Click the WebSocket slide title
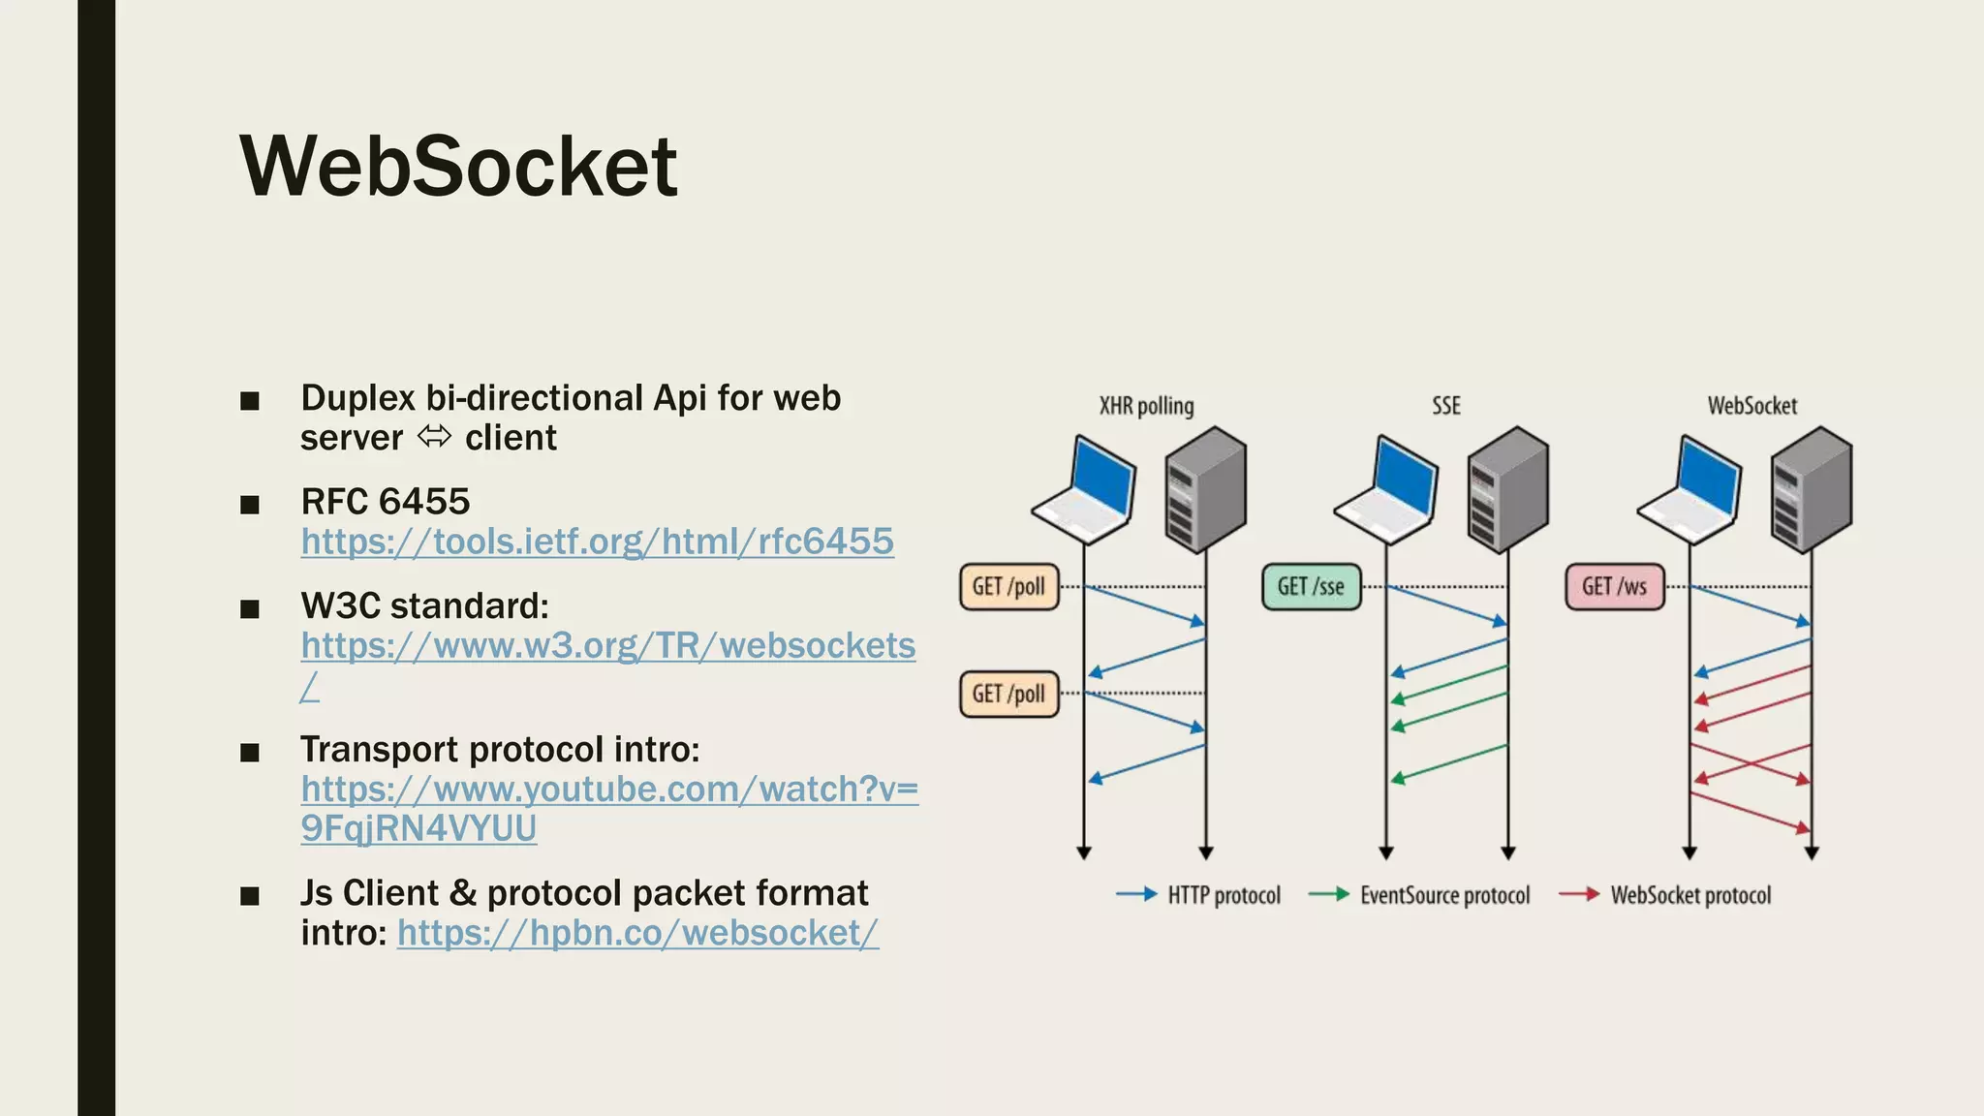[x=458, y=166]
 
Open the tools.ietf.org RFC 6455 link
[x=597, y=542]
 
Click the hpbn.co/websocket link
[x=637, y=933]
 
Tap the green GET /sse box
[x=1311, y=587]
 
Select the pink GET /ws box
[x=1614, y=587]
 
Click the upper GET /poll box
[x=1008, y=587]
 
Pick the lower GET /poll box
[x=1008, y=694]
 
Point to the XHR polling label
[x=1146, y=406]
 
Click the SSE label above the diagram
[x=1445, y=406]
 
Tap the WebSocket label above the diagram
[x=1751, y=406]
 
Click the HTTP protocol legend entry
[x=1223, y=895]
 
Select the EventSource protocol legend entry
[x=1443, y=895]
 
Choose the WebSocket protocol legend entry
[x=1689, y=895]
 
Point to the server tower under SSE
[x=1507, y=489]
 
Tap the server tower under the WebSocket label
[x=1811, y=489]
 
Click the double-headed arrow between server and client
[x=434, y=438]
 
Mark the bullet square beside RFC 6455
[x=250, y=505]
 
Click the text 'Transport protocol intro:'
[x=500, y=750]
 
